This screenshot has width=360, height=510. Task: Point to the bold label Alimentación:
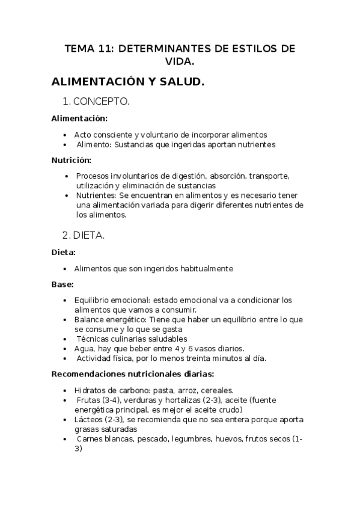[79, 118]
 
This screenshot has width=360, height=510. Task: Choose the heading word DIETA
[93, 236]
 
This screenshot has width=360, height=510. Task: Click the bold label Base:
[63, 284]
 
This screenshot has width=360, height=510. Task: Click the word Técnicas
[91, 339]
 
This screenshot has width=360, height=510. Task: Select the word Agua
[84, 349]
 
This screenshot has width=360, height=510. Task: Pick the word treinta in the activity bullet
[195, 358]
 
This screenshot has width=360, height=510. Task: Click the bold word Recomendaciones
[89, 373]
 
